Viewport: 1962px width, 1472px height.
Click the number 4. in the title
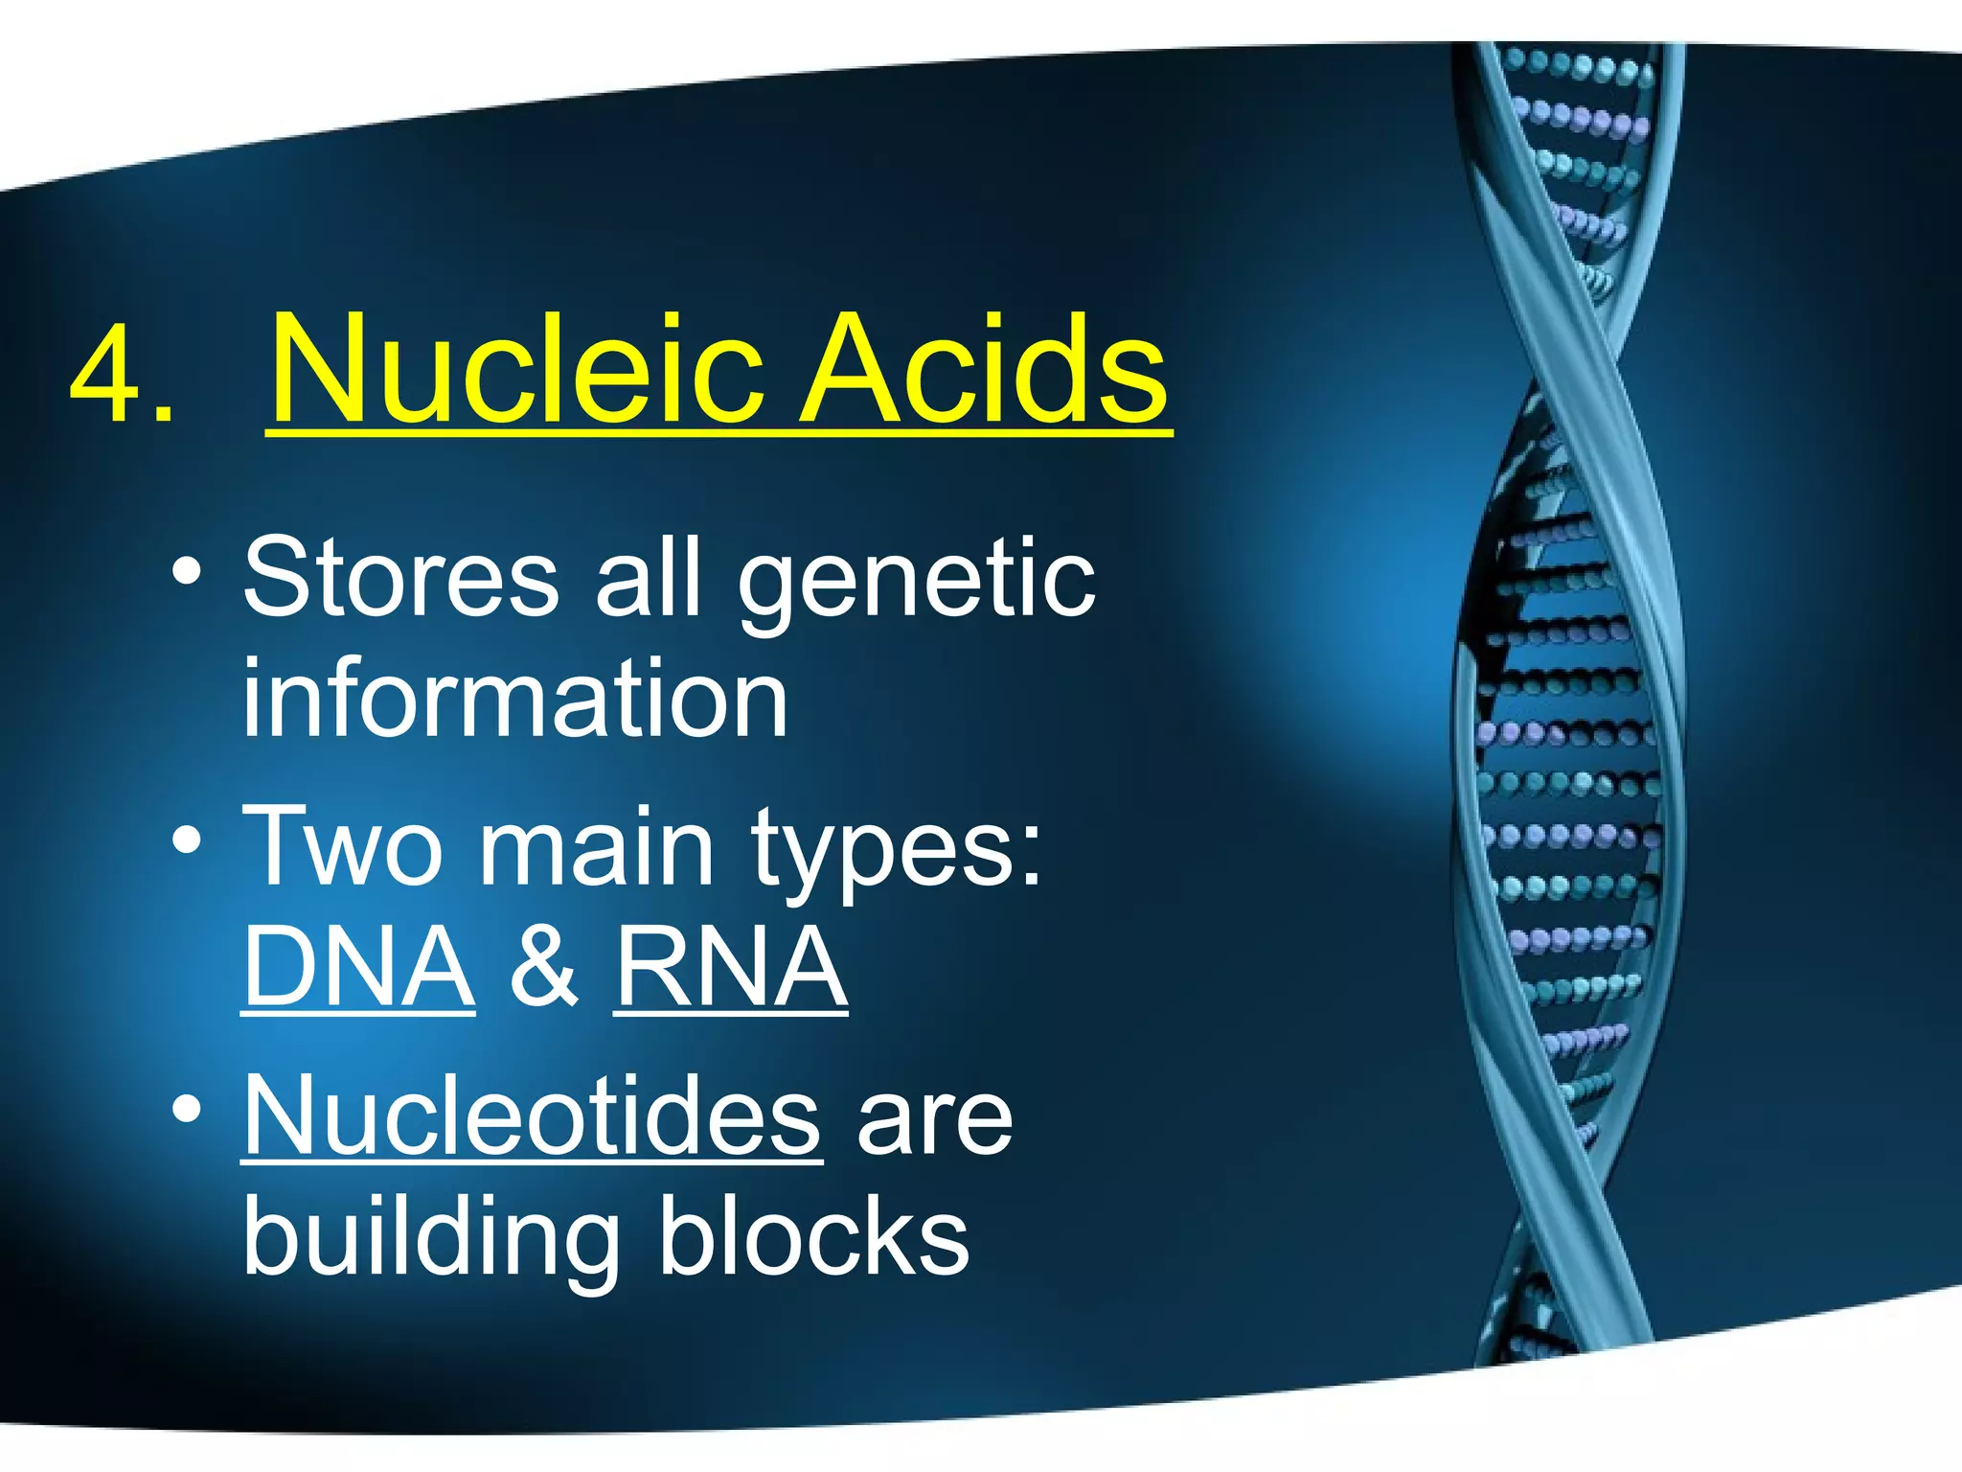tap(122, 376)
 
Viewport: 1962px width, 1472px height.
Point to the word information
tap(514, 699)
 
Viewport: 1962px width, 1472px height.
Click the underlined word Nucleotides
tap(532, 1116)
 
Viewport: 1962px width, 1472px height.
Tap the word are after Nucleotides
tap(934, 1121)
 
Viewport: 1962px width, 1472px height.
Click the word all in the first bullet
tap(649, 578)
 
